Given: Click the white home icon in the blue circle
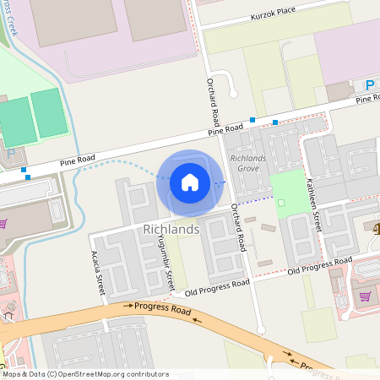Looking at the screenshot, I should pos(190,182).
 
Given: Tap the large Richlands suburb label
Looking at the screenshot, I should pos(171,229).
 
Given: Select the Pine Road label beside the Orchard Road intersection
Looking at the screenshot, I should pos(226,130).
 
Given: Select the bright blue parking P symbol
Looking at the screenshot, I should pos(369,84).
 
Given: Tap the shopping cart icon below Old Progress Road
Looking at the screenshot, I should pos(365,296).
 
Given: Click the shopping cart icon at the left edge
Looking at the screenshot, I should pos(3,224).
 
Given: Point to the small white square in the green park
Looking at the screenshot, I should pos(281,202).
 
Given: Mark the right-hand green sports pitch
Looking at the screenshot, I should pos(49,112).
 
